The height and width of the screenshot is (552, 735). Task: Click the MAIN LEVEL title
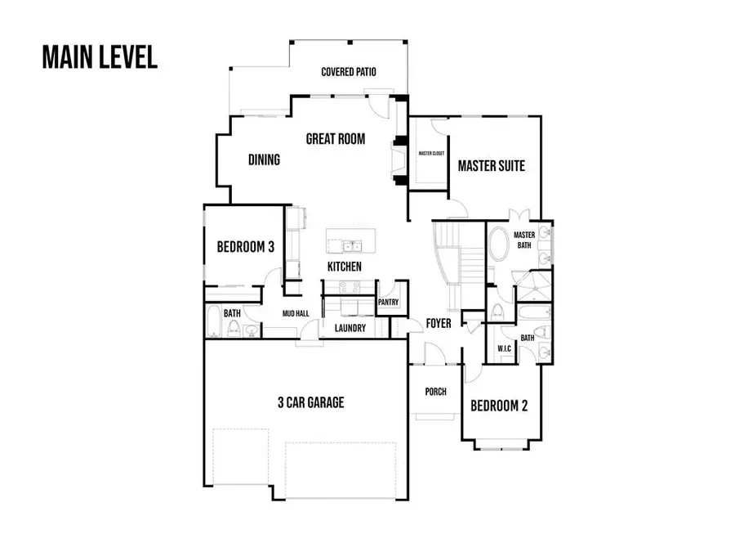click(99, 58)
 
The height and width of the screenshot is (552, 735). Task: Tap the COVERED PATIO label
click(349, 72)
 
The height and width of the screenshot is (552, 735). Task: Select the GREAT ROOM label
click(335, 139)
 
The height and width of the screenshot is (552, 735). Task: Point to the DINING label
click(264, 159)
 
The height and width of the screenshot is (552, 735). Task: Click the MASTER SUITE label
click(491, 166)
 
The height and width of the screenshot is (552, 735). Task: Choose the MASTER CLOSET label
click(430, 153)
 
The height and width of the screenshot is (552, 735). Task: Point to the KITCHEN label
click(345, 267)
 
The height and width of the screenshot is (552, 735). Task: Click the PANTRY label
click(387, 303)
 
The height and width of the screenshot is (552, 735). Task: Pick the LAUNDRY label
click(350, 329)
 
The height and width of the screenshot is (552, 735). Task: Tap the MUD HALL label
click(295, 312)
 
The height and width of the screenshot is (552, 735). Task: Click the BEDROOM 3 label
click(245, 247)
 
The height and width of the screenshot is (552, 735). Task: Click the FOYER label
click(439, 324)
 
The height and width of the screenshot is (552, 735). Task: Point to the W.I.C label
click(504, 349)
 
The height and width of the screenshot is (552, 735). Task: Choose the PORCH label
click(436, 392)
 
